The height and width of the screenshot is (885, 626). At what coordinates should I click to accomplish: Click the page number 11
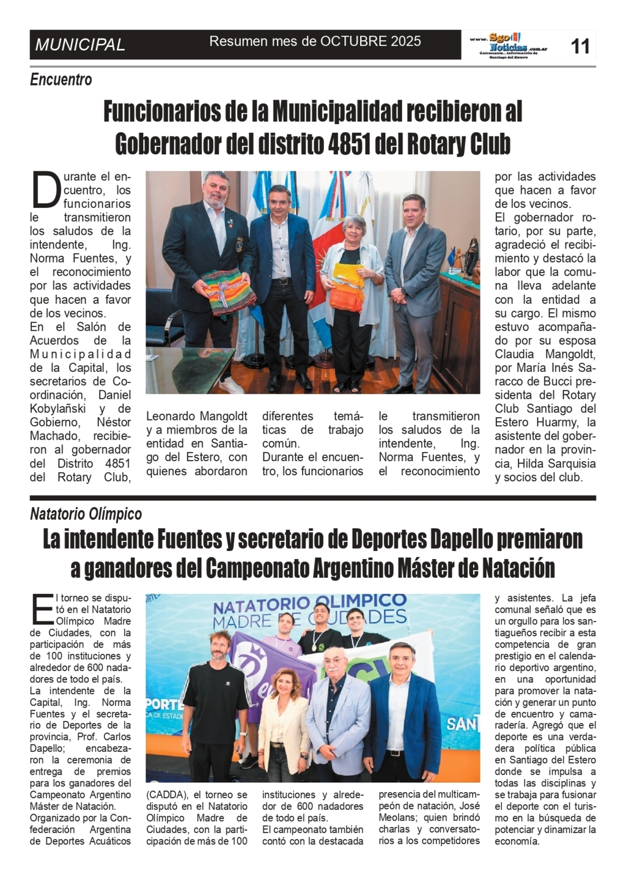pos(580,45)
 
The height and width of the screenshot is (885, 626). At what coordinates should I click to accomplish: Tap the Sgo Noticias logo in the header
pos(509,45)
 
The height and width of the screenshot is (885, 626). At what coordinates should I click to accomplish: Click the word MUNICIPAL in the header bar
pos(80,45)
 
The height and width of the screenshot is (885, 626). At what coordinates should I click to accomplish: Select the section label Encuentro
pos(61,80)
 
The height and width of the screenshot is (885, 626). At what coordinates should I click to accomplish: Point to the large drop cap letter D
pos(46,190)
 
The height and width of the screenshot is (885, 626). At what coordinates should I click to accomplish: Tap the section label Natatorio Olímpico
pos(86,514)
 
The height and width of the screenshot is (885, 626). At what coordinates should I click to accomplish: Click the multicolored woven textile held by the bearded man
pos(220,292)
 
